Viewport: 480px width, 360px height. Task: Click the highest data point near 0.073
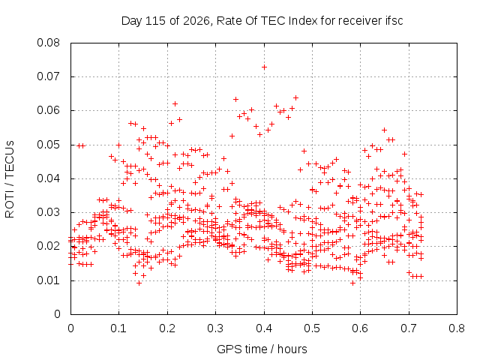click(x=264, y=67)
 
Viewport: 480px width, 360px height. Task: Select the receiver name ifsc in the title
click(x=393, y=21)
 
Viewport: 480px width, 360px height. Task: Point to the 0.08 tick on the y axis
click(x=48, y=43)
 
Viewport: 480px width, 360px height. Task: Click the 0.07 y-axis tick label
click(x=48, y=76)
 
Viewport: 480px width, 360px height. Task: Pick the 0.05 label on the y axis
click(x=48, y=145)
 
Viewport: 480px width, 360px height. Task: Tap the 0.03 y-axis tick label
click(x=48, y=212)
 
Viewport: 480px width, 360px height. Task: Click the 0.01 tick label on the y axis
click(x=48, y=280)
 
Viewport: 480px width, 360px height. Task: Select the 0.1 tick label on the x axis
click(x=118, y=328)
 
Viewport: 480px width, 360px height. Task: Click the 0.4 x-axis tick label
click(x=264, y=328)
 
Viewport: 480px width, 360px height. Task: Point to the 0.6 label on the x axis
click(x=360, y=328)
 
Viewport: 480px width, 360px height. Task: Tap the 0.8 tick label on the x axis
click(x=457, y=328)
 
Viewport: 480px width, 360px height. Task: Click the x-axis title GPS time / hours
click(x=262, y=349)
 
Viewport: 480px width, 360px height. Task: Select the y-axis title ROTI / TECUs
click(x=10, y=179)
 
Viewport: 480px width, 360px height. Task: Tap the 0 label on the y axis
click(x=57, y=314)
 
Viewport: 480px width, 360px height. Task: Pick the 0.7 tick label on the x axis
click(x=409, y=328)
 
